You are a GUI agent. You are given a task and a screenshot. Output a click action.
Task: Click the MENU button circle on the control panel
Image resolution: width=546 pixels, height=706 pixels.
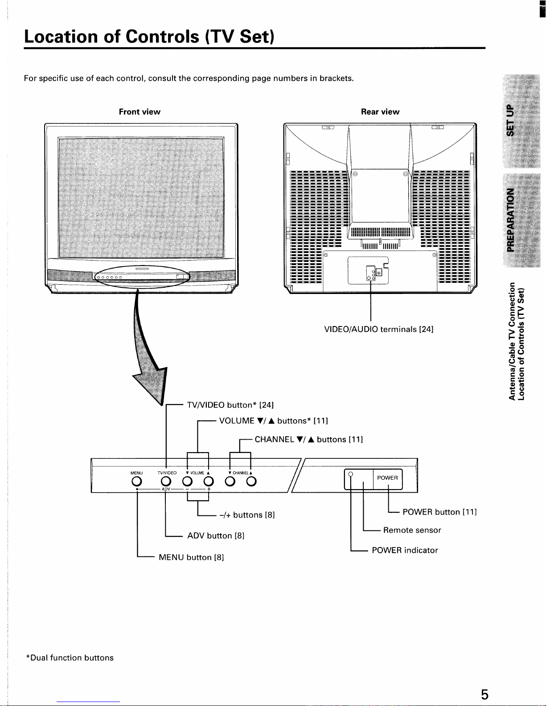(137, 481)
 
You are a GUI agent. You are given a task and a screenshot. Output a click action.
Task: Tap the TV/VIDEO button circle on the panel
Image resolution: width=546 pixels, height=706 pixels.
(166, 481)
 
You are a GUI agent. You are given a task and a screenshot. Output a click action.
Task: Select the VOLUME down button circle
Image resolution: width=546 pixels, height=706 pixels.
(187, 481)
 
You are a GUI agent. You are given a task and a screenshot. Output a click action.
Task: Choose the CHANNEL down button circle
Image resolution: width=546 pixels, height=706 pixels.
(230, 481)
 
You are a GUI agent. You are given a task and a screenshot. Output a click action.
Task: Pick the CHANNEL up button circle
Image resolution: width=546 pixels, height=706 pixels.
(251, 481)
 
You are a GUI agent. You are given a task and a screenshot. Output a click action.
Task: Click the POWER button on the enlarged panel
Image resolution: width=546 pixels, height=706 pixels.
(388, 479)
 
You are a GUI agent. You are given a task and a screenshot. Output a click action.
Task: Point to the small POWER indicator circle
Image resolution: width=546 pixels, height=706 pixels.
(351, 474)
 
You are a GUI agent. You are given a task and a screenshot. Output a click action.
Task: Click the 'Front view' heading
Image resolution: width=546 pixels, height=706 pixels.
(140, 112)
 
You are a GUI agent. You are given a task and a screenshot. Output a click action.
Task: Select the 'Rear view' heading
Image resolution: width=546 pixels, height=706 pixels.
(380, 112)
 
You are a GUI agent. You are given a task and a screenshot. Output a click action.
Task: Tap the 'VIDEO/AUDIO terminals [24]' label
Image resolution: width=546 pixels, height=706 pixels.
(378, 329)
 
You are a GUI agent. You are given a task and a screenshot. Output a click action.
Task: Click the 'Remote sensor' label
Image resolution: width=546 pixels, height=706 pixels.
(412, 530)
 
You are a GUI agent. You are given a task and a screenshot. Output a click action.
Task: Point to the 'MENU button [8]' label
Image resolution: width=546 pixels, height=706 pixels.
(191, 557)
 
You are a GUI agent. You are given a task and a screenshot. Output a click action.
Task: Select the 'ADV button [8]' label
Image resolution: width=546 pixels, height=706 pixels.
(216, 535)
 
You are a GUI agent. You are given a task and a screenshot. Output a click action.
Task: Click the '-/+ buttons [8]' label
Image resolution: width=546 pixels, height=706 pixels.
(247, 514)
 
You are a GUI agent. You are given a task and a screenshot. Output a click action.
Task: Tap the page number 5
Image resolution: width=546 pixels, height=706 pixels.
(484, 694)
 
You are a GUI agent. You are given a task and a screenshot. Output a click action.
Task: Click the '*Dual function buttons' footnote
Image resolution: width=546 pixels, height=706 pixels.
(70, 657)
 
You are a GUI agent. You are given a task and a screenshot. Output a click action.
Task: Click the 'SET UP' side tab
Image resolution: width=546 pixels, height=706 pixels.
(511, 121)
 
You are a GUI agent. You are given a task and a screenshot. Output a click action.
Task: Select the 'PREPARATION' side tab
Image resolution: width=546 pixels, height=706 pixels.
(511, 220)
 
